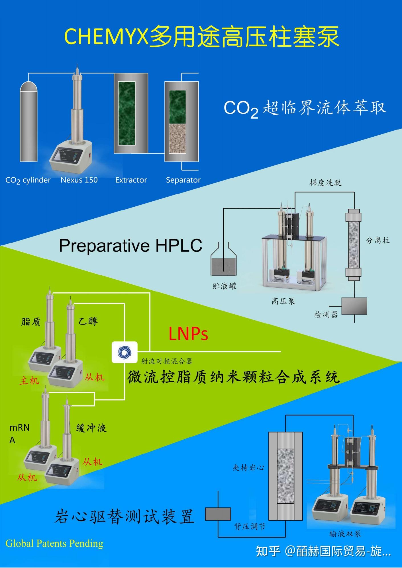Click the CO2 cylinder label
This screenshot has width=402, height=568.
pos(28,180)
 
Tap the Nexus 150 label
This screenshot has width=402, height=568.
pos(79,180)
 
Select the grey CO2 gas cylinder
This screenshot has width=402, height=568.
pos(28,122)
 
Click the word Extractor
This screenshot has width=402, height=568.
pos(131,180)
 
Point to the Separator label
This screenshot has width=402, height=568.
pos(183,180)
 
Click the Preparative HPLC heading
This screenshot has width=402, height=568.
pos(130,245)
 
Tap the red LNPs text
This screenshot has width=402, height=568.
pos(188,334)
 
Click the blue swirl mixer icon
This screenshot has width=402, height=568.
pos(125,352)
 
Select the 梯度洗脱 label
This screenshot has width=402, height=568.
pos(325,183)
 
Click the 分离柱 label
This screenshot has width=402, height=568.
pos(377,240)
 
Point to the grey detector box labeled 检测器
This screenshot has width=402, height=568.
pos(354,306)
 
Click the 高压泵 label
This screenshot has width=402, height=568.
pos(283,301)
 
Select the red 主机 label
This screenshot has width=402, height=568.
pos(29,381)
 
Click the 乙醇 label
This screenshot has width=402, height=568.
pos(88,321)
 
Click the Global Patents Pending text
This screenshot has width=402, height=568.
pos(54,543)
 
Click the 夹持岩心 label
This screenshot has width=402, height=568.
pos(248,467)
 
